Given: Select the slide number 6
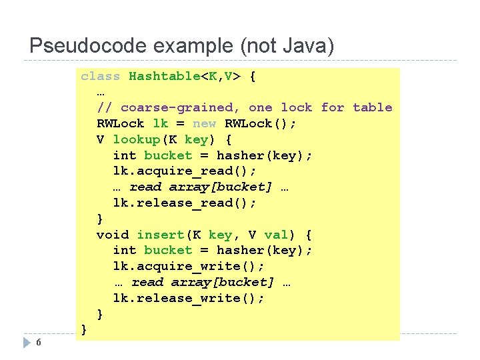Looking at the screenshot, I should pos(39,343).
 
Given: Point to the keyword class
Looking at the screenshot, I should pos(101,76).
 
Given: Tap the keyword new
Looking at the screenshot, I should pos(204,123).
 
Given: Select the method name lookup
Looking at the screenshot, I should pos(137,139).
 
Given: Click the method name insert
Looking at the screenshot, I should pos(161,235).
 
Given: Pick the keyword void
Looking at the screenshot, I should pos(113,235).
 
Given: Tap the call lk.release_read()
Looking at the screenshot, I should pos(185,203).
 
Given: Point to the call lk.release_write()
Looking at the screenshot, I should pos(189,298).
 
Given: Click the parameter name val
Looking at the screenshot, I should pos(276,235).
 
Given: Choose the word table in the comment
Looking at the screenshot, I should pos(372,107).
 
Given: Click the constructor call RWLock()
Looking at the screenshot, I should pos(260,123).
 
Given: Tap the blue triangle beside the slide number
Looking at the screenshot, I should pos(27,343).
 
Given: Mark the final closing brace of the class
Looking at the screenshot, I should pos(84,329).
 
